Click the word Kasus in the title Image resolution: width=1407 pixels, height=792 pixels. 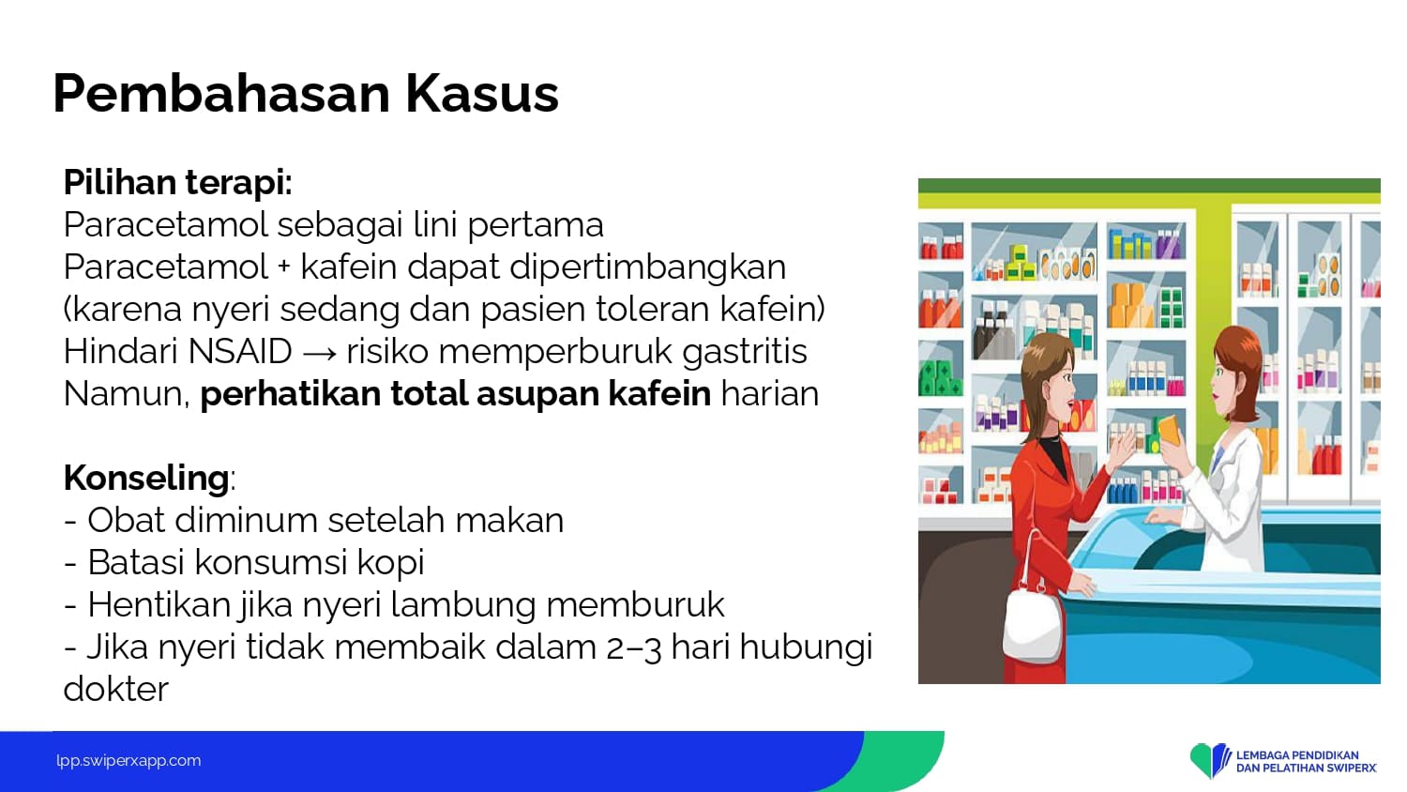click(482, 94)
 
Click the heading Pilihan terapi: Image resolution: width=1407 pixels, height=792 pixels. click(178, 184)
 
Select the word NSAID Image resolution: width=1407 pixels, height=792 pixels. click(240, 351)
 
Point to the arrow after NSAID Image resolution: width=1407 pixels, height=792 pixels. click(319, 353)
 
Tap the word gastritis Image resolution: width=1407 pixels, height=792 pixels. click(745, 352)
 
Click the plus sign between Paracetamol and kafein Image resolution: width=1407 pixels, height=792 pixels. click(284, 267)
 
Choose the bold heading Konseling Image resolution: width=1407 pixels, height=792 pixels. click(146, 479)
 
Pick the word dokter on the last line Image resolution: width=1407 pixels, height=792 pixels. click(116, 689)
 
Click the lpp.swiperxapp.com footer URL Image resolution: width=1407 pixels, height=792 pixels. click(129, 761)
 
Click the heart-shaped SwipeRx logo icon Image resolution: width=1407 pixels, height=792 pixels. click(1209, 760)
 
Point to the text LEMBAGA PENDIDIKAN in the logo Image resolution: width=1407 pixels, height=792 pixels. click(1297, 754)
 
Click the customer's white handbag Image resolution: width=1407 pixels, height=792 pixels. click(1032, 619)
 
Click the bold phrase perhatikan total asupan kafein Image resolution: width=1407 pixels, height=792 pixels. click(455, 394)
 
